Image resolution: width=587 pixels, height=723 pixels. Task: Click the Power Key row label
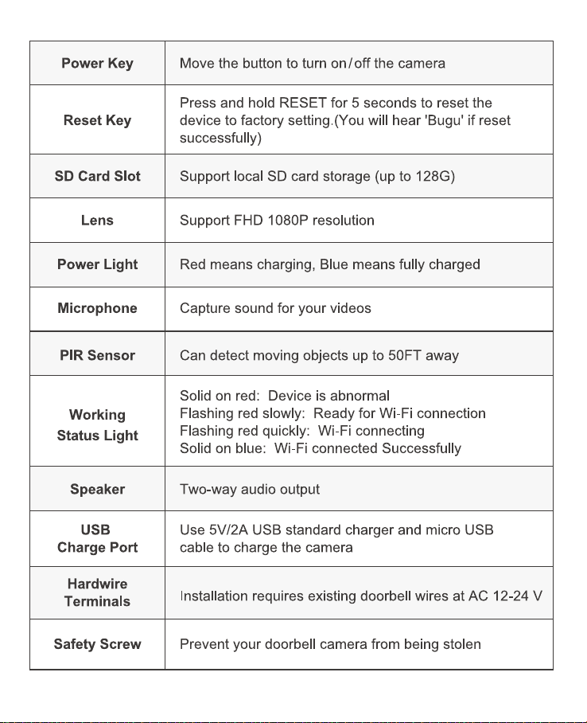pos(97,64)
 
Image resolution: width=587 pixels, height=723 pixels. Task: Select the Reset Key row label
pos(97,121)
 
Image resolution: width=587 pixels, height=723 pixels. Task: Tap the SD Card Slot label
pos(97,176)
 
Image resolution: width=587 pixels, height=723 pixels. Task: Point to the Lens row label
pos(97,221)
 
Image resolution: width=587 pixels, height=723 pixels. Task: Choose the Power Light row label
pos(97,264)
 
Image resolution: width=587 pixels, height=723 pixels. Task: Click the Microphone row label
pos(97,308)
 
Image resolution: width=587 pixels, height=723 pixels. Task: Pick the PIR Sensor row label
pos(97,355)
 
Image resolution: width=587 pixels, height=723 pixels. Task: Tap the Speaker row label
pos(97,489)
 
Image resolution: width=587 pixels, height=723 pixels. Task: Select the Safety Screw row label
pos(97,644)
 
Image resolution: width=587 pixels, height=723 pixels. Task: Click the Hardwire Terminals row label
pos(97,592)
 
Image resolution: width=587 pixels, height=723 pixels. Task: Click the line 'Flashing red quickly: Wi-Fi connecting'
pos(302,431)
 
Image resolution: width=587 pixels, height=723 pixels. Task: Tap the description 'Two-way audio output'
pos(250,489)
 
